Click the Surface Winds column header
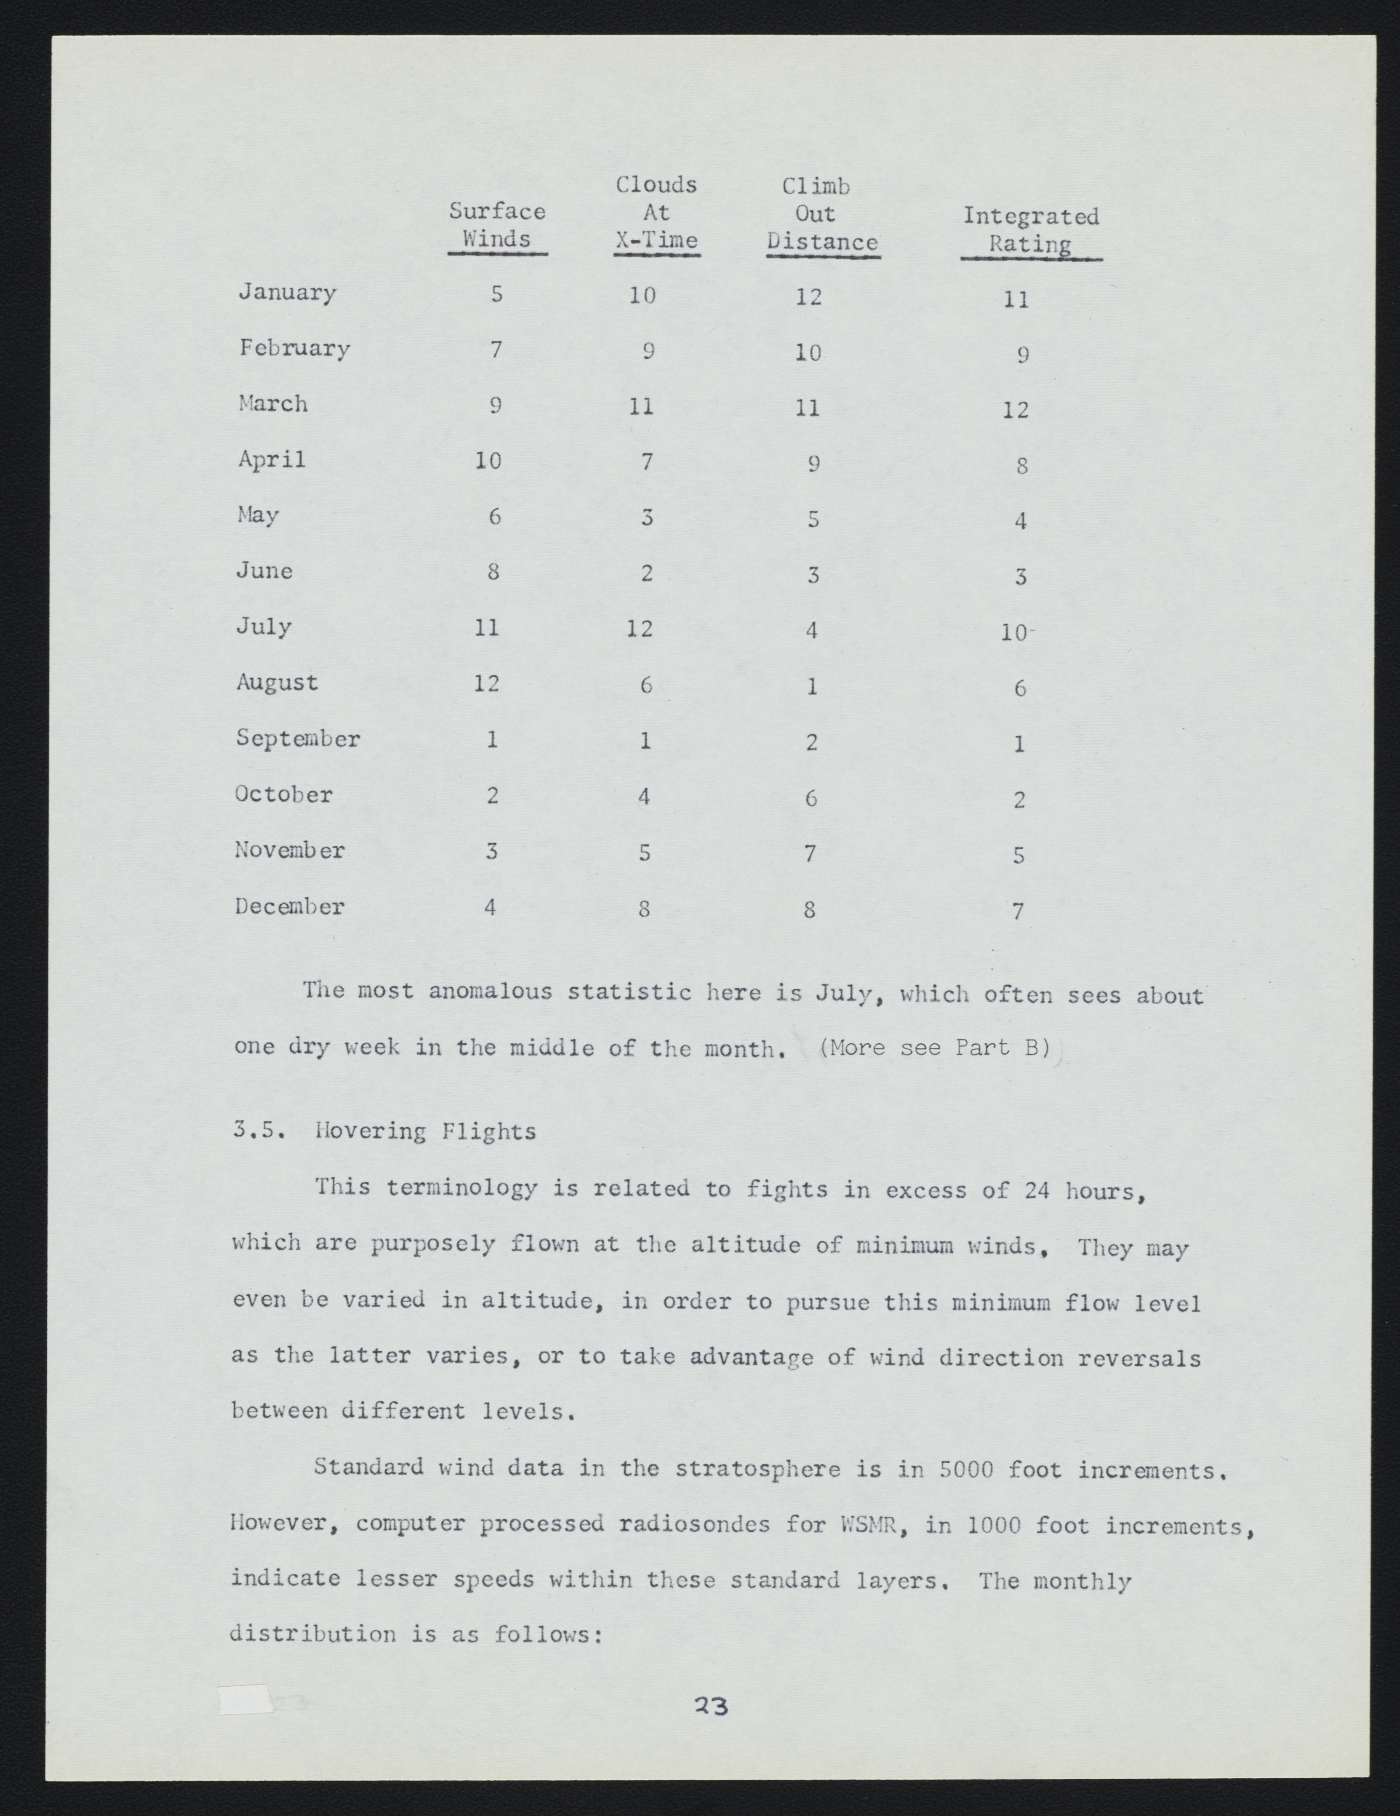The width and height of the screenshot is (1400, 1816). (497, 225)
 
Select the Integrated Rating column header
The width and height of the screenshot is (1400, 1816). (1031, 230)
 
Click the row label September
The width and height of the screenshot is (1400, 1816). (298, 738)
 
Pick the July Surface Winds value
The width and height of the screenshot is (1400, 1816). (486, 627)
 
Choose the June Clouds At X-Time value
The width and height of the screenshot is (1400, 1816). (647, 573)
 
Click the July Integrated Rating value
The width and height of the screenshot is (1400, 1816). (1015, 633)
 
